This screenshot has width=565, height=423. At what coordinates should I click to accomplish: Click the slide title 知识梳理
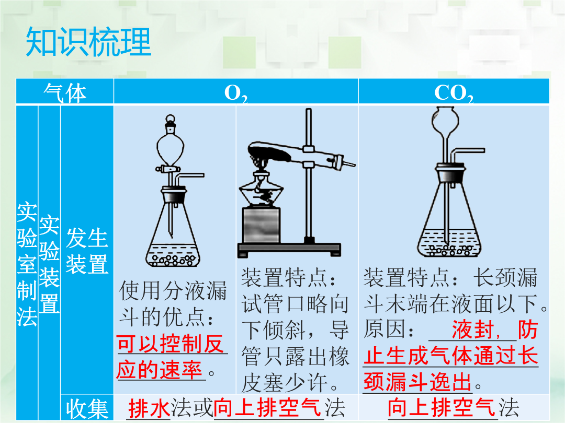tap(88, 42)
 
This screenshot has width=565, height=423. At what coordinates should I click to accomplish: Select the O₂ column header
tap(236, 93)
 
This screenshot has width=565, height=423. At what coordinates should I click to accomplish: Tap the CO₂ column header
tap(454, 93)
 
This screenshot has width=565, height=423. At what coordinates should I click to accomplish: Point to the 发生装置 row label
tap(87, 251)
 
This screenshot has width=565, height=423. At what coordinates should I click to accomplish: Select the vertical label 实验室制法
tap(27, 264)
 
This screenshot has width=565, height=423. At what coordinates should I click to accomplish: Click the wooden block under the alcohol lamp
tap(261, 225)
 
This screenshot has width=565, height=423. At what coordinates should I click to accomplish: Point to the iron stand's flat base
tap(289, 249)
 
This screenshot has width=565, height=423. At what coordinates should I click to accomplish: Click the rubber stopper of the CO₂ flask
tap(450, 173)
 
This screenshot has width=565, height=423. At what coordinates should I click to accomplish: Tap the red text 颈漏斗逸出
tap(418, 382)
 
